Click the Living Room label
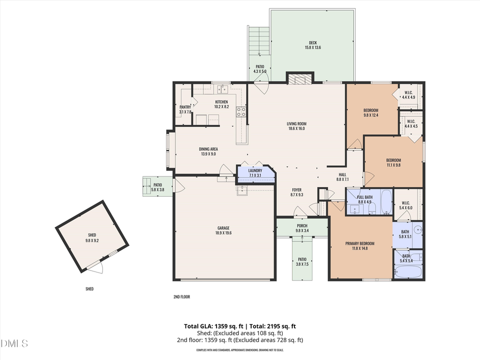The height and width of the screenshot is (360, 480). tap(297, 124)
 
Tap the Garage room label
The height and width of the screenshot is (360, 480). tap(223, 228)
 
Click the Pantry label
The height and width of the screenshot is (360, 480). tap(185, 107)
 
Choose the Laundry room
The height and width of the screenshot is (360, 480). tap(255, 173)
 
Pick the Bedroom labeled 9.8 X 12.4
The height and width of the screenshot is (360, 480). tap(371, 110)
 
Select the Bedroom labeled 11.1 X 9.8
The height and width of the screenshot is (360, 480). tap(394, 161)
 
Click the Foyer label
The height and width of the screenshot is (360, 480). tap(297, 190)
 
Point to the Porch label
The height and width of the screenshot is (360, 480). tap(302, 226)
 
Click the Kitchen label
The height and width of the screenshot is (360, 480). tap(221, 102)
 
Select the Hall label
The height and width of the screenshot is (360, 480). tap(342, 175)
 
